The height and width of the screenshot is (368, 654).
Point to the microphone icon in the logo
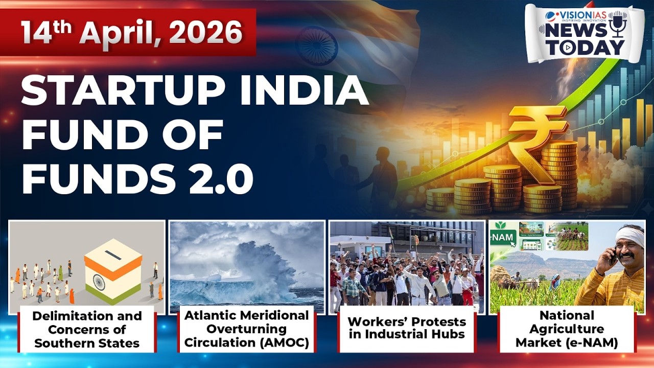click(x=618, y=24)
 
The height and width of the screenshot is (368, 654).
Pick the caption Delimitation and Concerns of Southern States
click(x=87, y=329)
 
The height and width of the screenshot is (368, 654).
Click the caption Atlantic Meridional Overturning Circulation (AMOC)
click(x=247, y=329)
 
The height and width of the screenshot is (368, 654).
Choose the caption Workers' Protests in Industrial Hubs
click(x=407, y=328)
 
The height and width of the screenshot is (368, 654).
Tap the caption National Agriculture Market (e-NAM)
click(x=567, y=329)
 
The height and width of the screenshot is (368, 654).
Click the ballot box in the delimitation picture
click(x=113, y=271)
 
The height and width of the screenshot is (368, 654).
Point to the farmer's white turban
click(x=630, y=236)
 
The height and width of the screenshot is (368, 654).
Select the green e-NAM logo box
click(x=502, y=237)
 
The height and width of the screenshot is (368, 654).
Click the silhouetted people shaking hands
click(x=358, y=174)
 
